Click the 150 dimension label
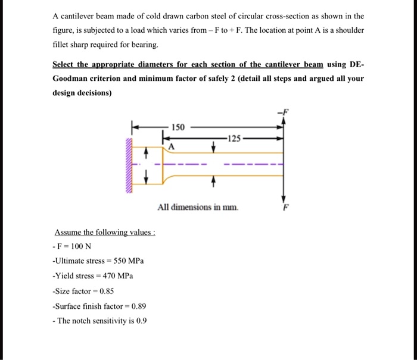point(178,127)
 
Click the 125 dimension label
point(235,139)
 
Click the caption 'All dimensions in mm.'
point(198,208)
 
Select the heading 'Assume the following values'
point(105,233)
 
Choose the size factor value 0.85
point(105,291)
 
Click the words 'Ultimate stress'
point(77,261)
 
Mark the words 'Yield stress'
point(73,276)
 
